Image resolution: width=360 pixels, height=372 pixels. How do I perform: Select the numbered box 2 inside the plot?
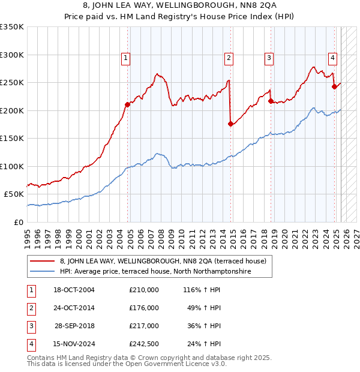point(229,58)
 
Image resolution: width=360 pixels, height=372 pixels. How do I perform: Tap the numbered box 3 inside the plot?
point(269,58)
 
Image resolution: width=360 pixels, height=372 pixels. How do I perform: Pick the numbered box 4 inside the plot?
point(332,58)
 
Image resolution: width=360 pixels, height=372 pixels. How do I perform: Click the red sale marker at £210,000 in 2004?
point(127,104)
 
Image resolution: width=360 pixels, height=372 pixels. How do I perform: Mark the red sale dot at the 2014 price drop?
point(230,124)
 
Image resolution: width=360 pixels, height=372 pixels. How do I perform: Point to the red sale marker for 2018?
point(271,101)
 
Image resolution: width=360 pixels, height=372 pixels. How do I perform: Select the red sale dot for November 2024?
point(334,86)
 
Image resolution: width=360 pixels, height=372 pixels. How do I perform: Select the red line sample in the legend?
point(42,261)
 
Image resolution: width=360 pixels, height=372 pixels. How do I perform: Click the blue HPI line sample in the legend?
point(42,271)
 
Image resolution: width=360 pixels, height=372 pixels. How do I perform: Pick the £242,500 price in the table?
point(144,344)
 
